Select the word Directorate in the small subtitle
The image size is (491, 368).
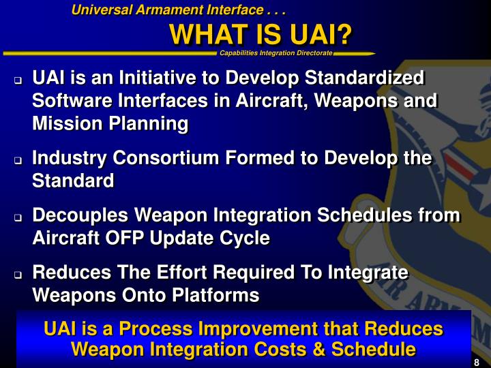click(314, 53)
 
